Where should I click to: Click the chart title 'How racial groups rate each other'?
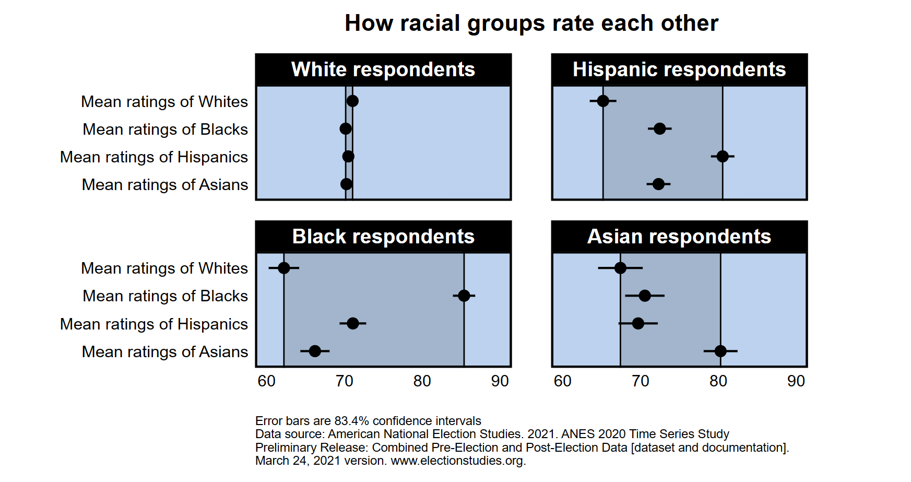click(531, 23)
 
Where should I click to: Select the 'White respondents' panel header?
click(383, 69)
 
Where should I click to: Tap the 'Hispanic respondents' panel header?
click(679, 69)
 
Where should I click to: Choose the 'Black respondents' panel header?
click(383, 237)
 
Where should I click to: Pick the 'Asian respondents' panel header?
click(679, 237)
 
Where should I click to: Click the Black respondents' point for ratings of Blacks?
click(464, 296)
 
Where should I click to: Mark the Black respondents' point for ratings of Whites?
click(283, 268)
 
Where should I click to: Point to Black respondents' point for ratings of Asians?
click(315, 351)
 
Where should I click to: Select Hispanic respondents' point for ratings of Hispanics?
click(723, 156)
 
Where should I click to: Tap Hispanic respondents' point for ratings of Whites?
click(603, 101)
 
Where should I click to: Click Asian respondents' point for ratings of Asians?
click(720, 351)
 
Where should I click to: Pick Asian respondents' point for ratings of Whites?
click(620, 268)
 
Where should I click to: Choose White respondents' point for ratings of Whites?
click(352, 101)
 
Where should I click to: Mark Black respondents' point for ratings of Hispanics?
click(353, 323)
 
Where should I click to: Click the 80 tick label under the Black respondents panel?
click(422, 381)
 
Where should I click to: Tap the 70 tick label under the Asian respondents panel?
click(640, 381)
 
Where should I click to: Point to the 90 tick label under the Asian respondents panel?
click(796, 381)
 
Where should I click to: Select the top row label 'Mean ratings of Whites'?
click(164, 101)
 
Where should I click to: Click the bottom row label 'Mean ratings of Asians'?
click(165, 351)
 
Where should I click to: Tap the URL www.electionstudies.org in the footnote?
click(457, 461)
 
